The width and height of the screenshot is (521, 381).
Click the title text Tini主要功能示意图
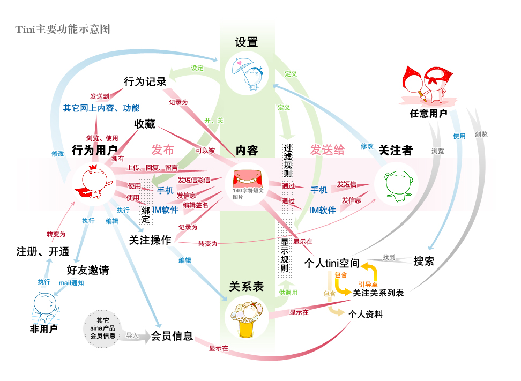(63, 29)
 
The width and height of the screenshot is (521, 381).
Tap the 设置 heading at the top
(247, 43)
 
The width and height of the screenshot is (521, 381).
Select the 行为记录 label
(145, 81)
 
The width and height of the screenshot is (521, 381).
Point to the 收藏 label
(145, 124)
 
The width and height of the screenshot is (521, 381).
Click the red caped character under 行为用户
(92, 185)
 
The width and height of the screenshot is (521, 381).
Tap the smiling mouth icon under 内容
(247, 177)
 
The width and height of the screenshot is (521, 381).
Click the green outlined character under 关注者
(396, 185)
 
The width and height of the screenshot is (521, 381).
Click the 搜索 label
(424, 262)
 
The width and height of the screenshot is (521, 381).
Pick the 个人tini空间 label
(331, 264)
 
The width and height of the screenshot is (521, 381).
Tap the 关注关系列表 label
(378, 293)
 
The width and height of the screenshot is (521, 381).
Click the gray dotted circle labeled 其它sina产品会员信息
(103, 327)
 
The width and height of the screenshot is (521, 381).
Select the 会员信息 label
(172, 337)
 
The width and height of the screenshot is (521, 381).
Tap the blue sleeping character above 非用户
(45, 306)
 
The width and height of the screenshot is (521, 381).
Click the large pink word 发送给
(327, 150)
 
